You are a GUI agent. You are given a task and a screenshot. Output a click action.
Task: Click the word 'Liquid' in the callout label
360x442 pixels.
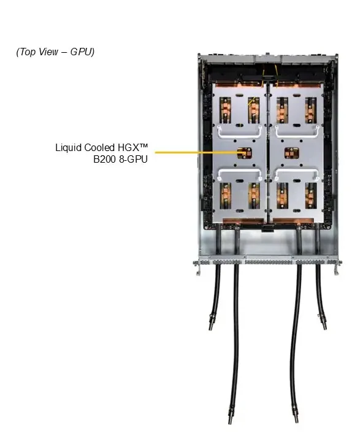[69, 147]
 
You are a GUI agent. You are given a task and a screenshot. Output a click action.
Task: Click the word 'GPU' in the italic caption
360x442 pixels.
[82, 52]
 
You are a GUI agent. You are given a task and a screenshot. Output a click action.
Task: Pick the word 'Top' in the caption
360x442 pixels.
[26, 52]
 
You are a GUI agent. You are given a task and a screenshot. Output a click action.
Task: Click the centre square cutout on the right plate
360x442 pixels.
[291, 153]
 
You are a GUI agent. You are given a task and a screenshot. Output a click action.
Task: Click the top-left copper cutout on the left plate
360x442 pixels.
[225, 110]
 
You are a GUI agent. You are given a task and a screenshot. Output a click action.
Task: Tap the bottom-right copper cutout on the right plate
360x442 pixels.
[311, 196]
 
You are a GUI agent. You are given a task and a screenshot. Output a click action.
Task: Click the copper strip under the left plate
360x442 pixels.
[239, 221]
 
